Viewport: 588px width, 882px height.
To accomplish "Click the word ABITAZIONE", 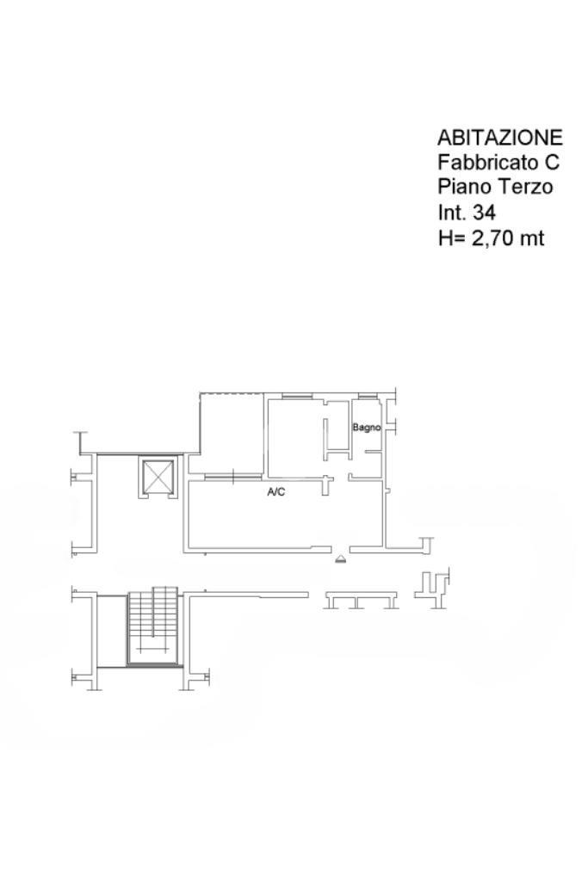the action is point(499,138).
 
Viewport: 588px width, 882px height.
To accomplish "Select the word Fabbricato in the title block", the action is point(487,162).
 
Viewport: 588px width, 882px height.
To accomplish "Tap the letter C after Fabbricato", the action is point(552,162).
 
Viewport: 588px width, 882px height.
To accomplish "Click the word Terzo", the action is point(524,187).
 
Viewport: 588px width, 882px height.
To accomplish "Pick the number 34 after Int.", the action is point(484,213).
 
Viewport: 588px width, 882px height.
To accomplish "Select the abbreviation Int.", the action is point(452,213).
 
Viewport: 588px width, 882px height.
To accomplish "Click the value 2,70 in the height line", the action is point(492,238).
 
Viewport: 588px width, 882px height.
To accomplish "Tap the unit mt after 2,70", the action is point(532,238).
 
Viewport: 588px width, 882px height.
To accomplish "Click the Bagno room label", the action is point(366,428).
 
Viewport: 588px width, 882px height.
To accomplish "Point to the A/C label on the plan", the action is point(275,492).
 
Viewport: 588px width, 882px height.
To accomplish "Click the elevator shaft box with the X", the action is point(158,478).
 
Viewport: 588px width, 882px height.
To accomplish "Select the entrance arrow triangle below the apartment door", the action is point(340,558).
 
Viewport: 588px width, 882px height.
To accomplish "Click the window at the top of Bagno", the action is point(366,398).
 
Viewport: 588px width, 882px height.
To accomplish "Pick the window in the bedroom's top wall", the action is point(297,398).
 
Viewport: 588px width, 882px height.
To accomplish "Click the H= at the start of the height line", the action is point(452,238).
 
